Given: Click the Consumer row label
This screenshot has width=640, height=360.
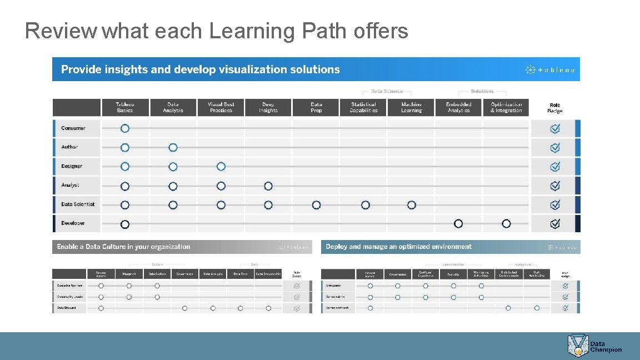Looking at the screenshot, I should pos(73,128).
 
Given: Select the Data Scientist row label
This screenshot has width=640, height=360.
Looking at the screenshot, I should pos(78,204).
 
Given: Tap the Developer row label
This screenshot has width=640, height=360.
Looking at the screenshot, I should pos(73,223).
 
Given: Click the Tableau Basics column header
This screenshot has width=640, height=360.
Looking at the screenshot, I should pos(125,107).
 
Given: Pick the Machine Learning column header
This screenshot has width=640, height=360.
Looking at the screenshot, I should pos(411,107).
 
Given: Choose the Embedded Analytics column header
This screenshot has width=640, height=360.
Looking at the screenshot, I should pos(458,107).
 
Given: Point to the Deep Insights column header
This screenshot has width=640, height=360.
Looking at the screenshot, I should pos(268,107).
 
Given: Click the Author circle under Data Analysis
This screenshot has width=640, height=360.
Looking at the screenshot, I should pos(173,147).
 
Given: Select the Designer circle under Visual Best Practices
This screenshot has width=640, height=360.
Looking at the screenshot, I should pos(221,166).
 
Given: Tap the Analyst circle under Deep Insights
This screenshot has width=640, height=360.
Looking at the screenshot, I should pos(268,186).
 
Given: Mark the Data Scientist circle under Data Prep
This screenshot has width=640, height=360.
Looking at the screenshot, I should pos(316,205).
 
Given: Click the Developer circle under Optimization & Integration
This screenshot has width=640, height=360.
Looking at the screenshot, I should pos(506,223).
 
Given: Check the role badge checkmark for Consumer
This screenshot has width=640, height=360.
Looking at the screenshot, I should pos(554,128).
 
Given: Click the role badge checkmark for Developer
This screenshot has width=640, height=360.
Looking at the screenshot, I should pos(554,223).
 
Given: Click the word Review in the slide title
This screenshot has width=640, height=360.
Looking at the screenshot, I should pos(61,31).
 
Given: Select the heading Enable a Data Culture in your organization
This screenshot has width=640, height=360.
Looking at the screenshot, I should pos(123,247).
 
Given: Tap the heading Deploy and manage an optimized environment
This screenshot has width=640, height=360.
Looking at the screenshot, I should pos(398,247).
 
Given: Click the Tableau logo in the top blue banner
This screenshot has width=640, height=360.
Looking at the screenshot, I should pos(550,69).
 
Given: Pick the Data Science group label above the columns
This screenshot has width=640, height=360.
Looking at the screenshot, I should pos(387,91).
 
